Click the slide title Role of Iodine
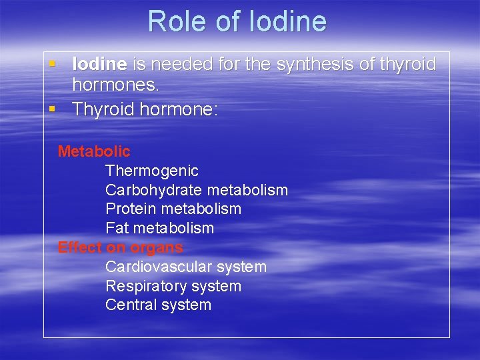pos(237,21)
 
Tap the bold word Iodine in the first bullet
pos(99,65)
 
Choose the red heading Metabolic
pos(94,152)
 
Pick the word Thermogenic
pos(152,171)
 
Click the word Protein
pos(131,209)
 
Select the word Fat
pos(117,229)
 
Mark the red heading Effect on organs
pos(120,248)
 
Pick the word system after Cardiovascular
pos(238,267)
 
